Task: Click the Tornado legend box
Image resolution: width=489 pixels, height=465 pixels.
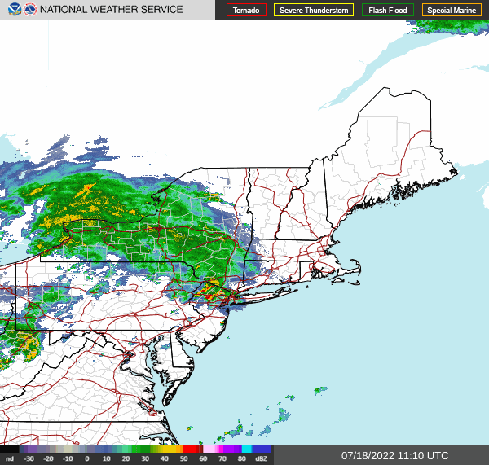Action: (x=246, y=10)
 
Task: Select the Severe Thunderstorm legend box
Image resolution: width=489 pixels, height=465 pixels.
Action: (x=313, y=10)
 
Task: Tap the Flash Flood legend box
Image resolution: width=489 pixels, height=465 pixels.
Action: (x=388, y=10)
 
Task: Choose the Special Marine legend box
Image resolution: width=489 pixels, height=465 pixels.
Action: (x=451, y=10)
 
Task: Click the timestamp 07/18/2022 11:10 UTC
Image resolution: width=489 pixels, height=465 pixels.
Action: (x=394, y=455)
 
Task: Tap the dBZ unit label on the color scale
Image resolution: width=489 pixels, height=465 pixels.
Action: (x=262, y=459)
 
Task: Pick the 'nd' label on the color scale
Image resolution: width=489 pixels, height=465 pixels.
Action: (x=9, y=459)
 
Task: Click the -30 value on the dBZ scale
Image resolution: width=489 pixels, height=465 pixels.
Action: (x=29, y=459)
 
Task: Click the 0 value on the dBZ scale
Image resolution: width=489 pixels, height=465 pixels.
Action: (x=86, y=459)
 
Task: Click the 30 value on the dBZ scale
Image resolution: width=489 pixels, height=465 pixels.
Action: (x=145, y=459)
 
